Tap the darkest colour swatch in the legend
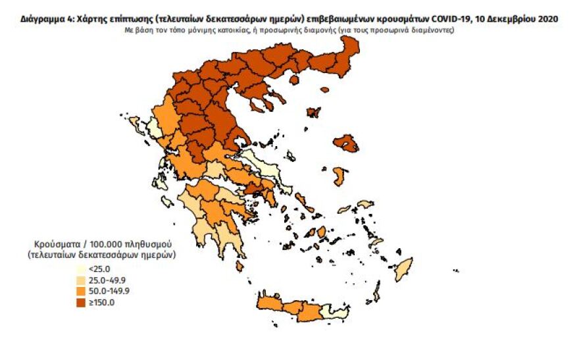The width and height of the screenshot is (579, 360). pos(80,303)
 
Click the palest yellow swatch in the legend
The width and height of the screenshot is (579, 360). pos(80,269)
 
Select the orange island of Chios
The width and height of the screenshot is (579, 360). pos(340,176)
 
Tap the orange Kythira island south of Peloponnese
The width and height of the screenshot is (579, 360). pos(239,266)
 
